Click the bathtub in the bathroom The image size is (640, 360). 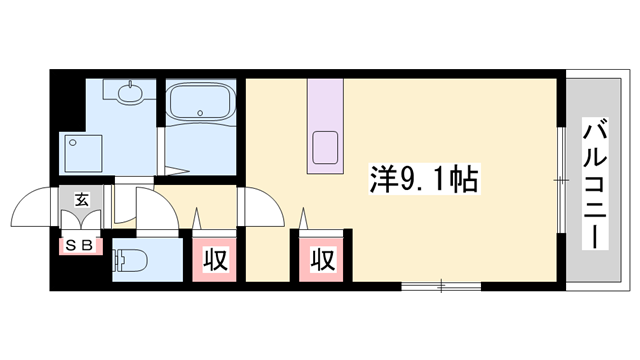[201, 105]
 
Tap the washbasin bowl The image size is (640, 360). [130, 95]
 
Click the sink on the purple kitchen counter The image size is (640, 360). [326, 146]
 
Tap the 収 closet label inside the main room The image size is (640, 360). [321, 260]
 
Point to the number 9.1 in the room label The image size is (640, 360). [410, 181]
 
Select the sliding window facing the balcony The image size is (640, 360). [561, 181]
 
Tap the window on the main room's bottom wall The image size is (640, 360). [441, 287]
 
